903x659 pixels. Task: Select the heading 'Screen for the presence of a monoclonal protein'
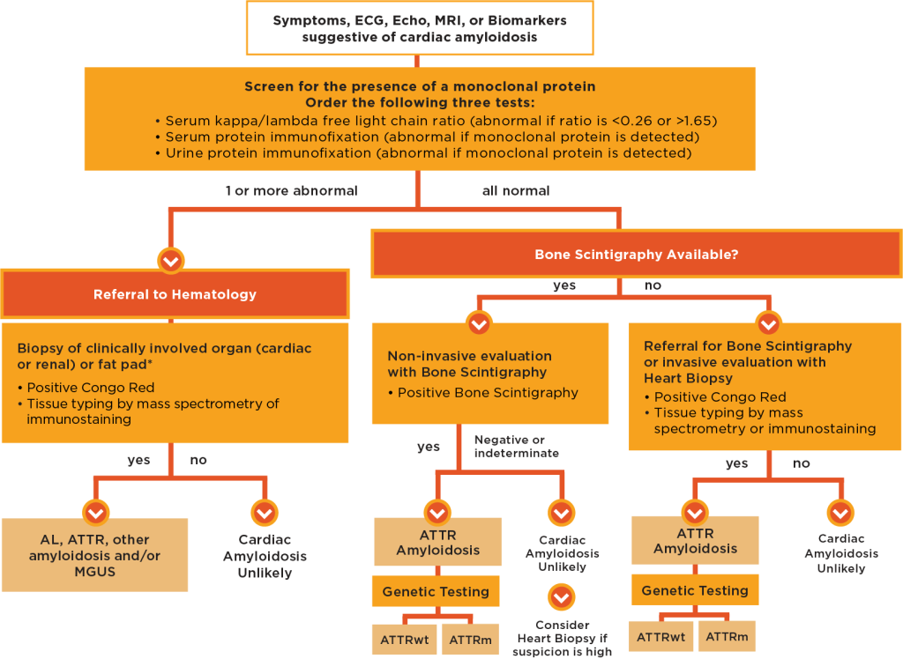420,86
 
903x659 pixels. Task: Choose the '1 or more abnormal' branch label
291,190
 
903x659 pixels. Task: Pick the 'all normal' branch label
516,190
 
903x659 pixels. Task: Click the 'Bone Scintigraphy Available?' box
636,255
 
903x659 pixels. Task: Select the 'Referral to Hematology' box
175,294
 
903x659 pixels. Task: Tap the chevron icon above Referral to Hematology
170,261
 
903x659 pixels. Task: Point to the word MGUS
94,572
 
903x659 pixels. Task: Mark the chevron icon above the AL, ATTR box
95,513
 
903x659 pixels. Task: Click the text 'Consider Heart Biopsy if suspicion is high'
562,637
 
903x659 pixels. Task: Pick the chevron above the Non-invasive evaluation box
479,323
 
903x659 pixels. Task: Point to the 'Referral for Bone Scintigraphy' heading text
748,346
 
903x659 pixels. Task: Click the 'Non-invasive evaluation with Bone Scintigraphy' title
470,364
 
